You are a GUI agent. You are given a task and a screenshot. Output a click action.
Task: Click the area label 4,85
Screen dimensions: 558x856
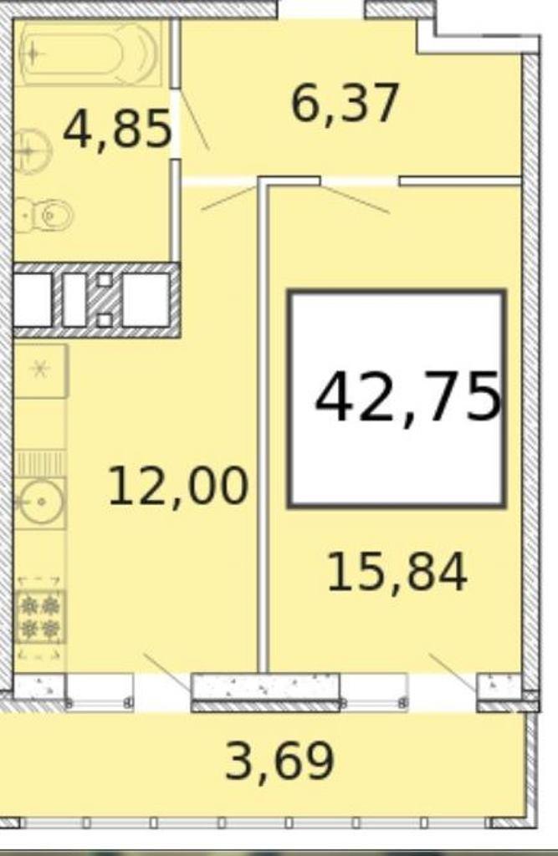pos(117,129)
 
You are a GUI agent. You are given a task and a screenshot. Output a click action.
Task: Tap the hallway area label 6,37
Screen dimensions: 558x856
pos(346,104)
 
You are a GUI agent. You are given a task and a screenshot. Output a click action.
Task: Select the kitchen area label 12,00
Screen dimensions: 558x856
pos(178,486)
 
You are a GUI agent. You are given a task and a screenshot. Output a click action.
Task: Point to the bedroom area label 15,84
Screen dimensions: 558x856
pos(397,572)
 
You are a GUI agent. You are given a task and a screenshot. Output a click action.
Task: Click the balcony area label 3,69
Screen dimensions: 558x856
pos(279,761)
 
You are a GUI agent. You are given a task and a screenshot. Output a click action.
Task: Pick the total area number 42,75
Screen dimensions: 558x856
pos(407,397)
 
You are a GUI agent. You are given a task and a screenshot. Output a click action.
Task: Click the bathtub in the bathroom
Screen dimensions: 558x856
pos(89,53)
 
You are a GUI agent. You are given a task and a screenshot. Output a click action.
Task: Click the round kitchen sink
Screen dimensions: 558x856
pos(40,501)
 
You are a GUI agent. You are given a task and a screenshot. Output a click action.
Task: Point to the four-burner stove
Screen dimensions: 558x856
pos(40,617)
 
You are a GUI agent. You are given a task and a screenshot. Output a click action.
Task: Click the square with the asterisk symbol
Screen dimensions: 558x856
pos(40,370)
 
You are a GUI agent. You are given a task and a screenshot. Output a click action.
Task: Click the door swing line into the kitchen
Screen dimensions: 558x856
pos(229,198)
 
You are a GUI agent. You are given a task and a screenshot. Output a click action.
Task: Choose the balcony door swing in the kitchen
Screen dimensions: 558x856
pos(167,673)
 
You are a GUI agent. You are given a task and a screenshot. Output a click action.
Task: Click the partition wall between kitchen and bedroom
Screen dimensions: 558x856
pos(264,425)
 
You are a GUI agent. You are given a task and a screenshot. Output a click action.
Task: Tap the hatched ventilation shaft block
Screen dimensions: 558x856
pos(96,300)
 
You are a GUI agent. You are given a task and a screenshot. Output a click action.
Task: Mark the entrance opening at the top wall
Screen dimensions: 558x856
pos(320,9)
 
